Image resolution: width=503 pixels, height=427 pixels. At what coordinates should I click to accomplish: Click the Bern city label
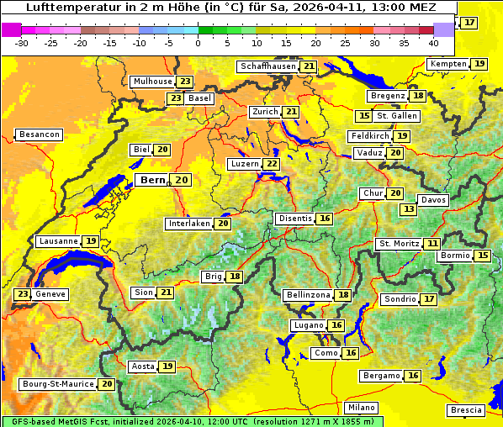(x=152, y=180)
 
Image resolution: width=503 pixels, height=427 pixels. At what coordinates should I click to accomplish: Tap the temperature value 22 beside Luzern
(x=271, y=164)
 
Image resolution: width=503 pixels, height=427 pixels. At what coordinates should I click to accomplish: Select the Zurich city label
(x=263, y=112)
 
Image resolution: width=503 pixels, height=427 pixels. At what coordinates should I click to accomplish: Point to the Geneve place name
(x=50, y=294)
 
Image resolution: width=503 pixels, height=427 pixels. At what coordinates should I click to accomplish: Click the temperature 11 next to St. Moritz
(x=432, y=244)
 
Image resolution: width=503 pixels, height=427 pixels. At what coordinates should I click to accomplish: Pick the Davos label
(x=433, y=200)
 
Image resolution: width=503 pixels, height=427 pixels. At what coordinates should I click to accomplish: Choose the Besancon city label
(x=40, y=134)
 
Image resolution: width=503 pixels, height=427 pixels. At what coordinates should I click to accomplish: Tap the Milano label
(x=362, y=407)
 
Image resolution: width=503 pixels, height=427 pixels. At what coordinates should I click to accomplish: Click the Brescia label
(x=466, y=410)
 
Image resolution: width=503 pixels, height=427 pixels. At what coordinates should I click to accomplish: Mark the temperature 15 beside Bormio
(x=483, y=256)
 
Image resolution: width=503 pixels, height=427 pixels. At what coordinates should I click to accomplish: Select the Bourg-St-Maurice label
(x=57, y=384)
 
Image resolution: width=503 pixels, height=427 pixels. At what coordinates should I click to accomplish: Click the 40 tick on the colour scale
(x=433, y=42)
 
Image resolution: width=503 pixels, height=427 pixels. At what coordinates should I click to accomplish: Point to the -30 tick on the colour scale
(x=22, y=42)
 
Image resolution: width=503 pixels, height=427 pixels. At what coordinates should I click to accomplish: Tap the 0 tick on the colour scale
(x=199, y=42)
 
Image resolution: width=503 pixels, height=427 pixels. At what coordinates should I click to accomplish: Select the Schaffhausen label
(x=267, y=66)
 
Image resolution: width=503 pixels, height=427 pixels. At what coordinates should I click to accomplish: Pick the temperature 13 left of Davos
(x=409, y=209)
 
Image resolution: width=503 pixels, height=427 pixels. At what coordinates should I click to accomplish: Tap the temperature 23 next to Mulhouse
(x=184, y=82)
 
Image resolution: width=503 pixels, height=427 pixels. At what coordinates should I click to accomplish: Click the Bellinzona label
(x=308, y=295)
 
